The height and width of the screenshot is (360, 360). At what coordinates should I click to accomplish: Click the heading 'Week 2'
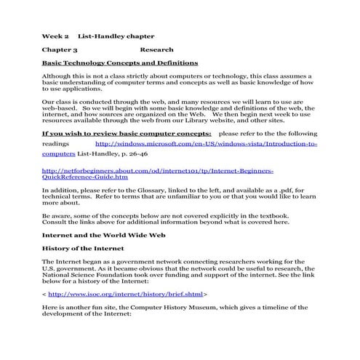pos(55,35)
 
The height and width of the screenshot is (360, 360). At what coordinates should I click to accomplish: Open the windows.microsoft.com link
pos(211,144)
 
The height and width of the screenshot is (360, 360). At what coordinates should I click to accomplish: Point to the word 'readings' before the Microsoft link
pos(55,144)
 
